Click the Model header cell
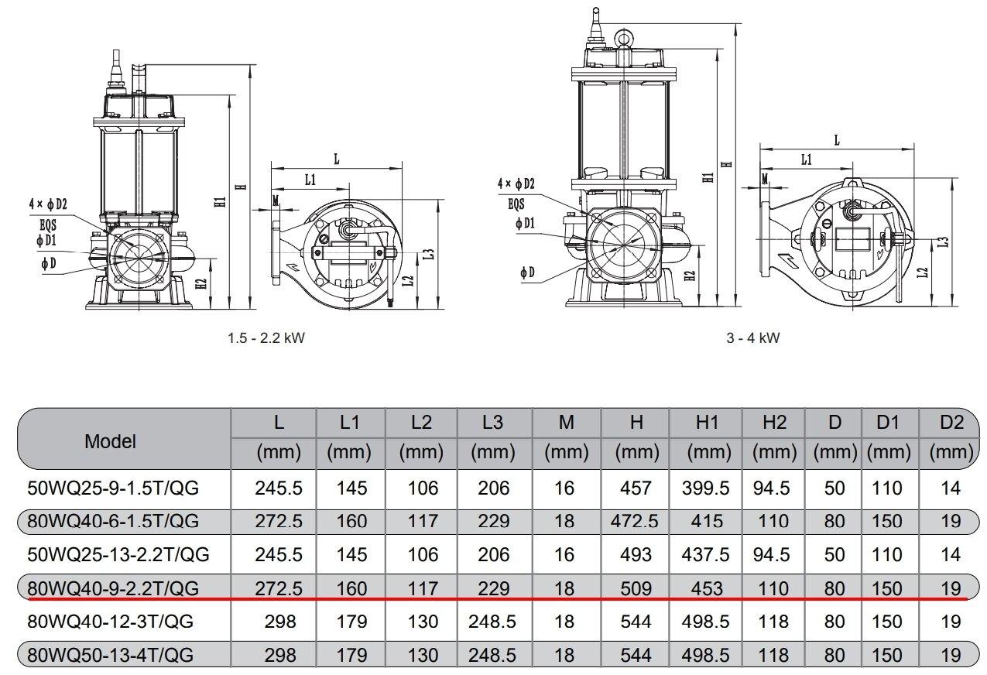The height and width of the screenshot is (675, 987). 110,441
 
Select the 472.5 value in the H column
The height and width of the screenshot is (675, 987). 635,522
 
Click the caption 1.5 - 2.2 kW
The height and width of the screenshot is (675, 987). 261,339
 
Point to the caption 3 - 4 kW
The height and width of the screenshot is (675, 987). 752,339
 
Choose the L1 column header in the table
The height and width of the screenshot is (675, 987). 350,423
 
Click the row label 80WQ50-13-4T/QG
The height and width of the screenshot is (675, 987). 109,656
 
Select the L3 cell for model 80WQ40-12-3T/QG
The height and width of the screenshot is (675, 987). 492,622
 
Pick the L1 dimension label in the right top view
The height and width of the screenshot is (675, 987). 806,160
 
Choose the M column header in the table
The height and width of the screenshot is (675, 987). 566,423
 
